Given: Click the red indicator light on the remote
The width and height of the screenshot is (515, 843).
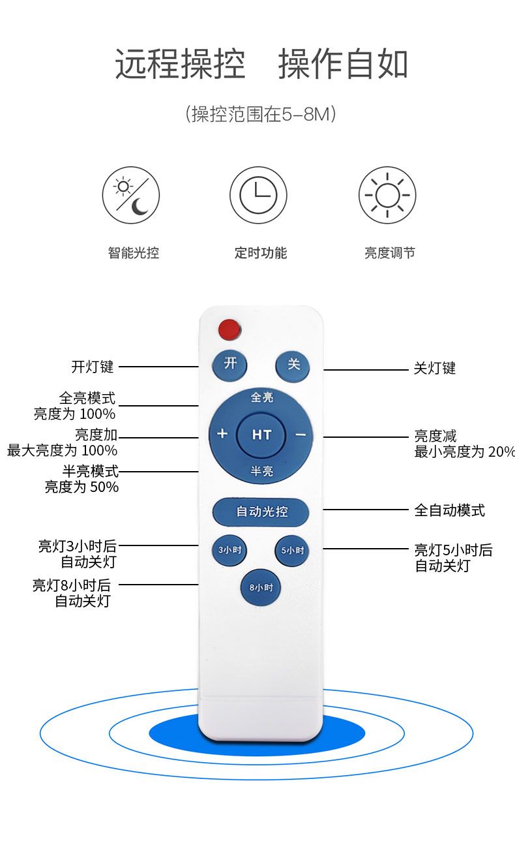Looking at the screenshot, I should pyautogui.click(x=229, y=330).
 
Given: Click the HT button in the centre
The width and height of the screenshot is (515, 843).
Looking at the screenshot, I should pyautogui.click(x=261, y=435).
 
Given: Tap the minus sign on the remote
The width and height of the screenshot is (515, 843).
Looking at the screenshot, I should pyautogui.click(x=300, y=434).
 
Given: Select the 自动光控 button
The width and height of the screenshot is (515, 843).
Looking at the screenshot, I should pyautogui.click(x=261, y=512).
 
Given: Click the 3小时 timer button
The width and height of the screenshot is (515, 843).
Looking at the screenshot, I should pyautogui.click(x=229, y=550).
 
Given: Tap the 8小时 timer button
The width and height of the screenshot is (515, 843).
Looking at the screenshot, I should pyautogui.click(x=261, y=588).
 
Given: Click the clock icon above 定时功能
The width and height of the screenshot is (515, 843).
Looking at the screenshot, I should pyautogui.click(x=258, y=195).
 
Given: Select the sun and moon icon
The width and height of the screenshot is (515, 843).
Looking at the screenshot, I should pyautogui.click(x=131, y=195).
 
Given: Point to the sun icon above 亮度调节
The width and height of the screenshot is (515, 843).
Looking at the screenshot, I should pyautogui.click(x=387, y=195).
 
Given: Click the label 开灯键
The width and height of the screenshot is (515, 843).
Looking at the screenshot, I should pyautogui.click(x=93, y=367).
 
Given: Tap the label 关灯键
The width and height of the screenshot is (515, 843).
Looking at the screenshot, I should pyautogui.click(x=435, y=369).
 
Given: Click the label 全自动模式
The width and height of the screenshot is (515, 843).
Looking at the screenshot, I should pyautogui.click(x=450, y=510).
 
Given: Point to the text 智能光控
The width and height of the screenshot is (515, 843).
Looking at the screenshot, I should pyautogui.click(x=133, y=253).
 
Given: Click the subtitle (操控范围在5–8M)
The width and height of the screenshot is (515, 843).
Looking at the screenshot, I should pyautogui.click(x=261, y=115).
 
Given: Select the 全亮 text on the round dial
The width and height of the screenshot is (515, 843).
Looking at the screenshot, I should pyautogui.click(x=262, y=397).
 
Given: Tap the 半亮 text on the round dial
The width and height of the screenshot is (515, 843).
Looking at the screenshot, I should pyautogui.click(x=262, y=471).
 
